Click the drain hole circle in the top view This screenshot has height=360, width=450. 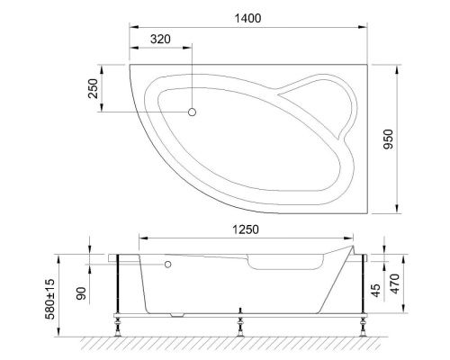click(192, 112)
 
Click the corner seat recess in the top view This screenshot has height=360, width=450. click(318, 101)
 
